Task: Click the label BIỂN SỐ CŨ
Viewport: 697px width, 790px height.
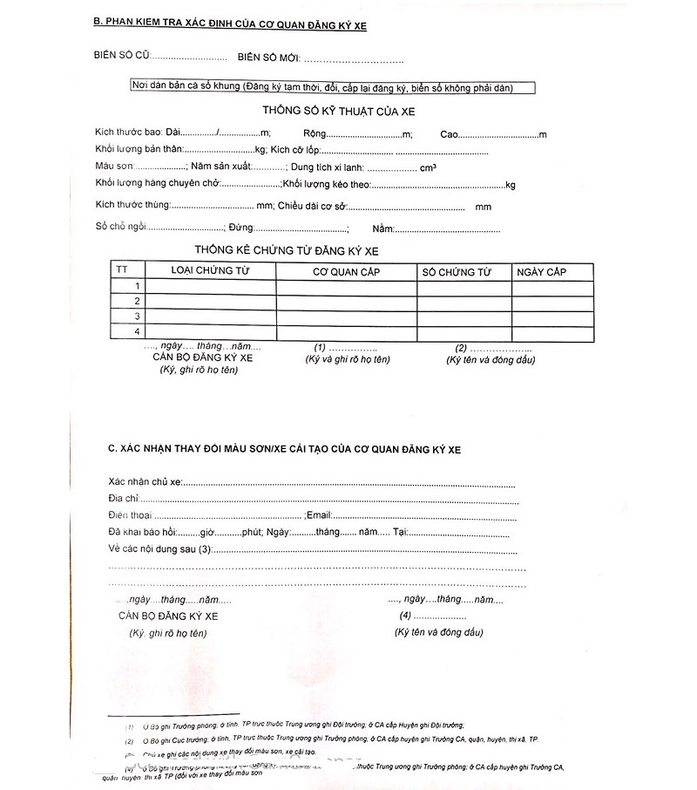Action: coord(122,57)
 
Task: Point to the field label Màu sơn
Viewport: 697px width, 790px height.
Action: coord(114,167)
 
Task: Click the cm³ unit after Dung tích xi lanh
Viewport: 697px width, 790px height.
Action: coord(428,167)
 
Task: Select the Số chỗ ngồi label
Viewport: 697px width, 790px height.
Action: coord(120,228)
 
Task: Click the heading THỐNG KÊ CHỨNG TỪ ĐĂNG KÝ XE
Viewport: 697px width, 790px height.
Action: coord(287,251)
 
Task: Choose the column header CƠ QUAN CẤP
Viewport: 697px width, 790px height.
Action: coord(346,272)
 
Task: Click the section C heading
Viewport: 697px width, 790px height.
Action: coord(284,448)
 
